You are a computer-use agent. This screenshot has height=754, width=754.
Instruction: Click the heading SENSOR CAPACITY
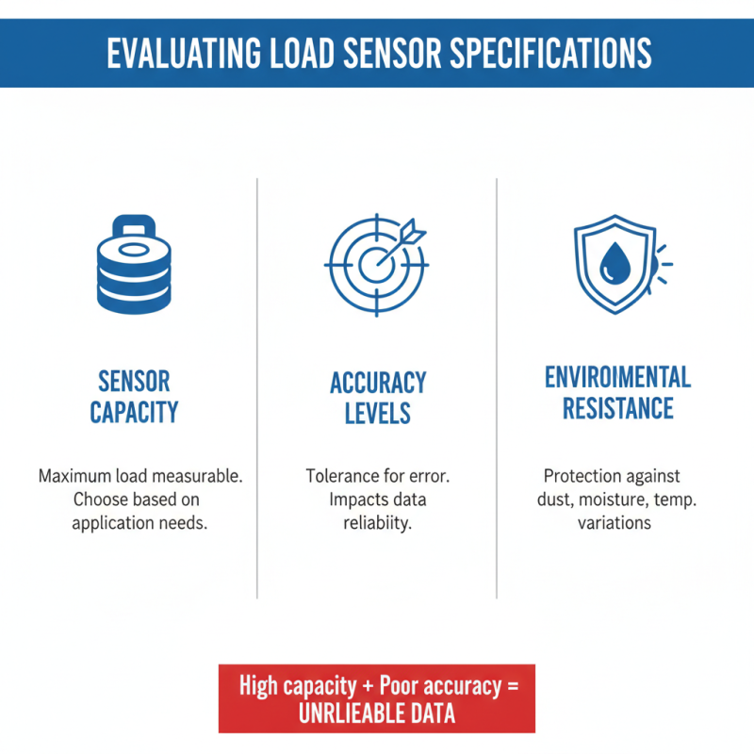pyautogui.click(x=134, y=396)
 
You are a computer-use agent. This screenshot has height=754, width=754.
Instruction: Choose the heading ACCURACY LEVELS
pyautogui.click(x=377, y=397)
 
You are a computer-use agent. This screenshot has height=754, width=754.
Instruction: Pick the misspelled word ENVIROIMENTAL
pyautogui.click(x=617, y=378)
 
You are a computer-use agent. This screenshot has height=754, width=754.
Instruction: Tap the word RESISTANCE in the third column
pyautogui.click(x=617, y=408)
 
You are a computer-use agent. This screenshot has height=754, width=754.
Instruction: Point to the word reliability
pyautogui.click(x=377, y=522)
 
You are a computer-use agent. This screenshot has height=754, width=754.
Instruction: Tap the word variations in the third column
pyautogui.click(x=615, y=521)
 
